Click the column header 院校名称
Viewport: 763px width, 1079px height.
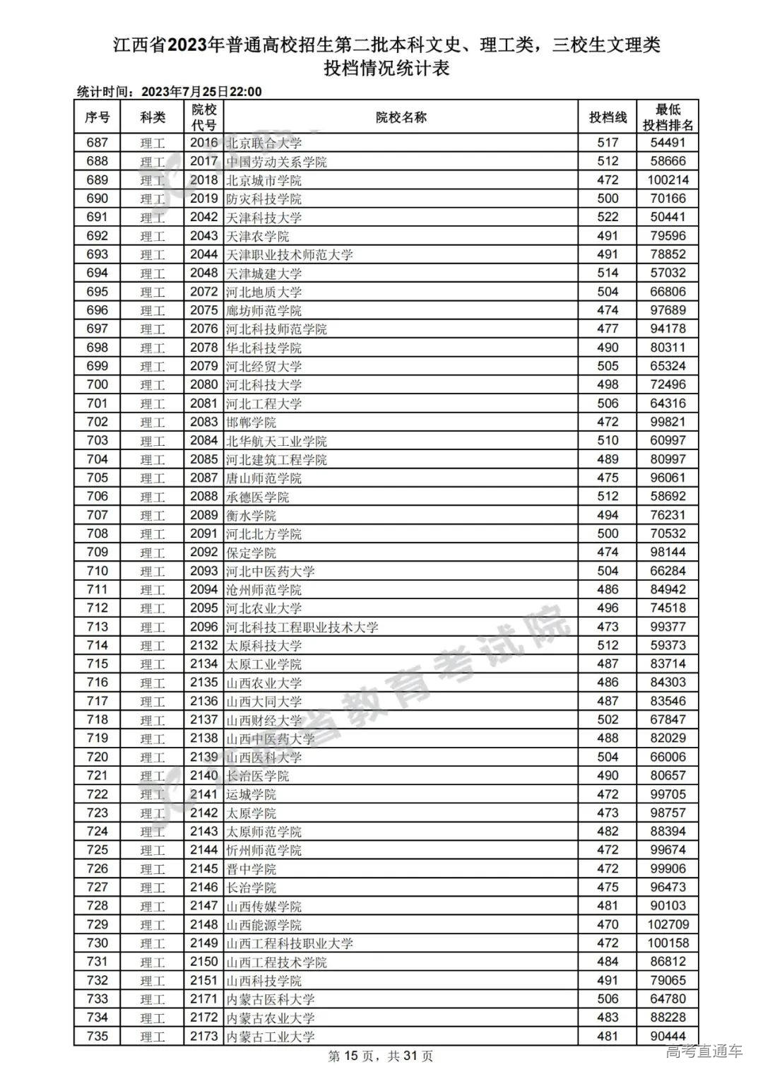point(401,117)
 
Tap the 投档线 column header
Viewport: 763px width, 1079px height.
point(608,117)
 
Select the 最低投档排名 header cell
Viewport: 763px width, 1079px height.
point(668,117)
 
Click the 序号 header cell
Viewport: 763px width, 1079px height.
point(97,117)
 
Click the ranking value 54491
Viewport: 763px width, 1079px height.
point(668,143)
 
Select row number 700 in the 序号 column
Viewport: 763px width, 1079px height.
point(97,384)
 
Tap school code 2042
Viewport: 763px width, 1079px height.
point(203,217)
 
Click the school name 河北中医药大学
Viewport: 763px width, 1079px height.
point(270,571)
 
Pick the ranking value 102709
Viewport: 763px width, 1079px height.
point(668,924)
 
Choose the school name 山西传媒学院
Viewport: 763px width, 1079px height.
point(264,906)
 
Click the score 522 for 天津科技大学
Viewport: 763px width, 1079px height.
point(608,217)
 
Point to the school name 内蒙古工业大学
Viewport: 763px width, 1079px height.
point(270,1037)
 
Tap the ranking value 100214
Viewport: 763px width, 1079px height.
point(668,180)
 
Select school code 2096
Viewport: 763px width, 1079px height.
point(203,627)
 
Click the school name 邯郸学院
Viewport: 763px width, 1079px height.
point(251,422)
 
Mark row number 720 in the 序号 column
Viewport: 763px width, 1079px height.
point(97,757)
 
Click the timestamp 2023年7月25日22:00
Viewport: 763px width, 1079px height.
point(201,92)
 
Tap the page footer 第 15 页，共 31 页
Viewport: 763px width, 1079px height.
point(381,1056)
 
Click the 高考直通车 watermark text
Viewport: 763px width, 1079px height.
point(704,1051)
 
